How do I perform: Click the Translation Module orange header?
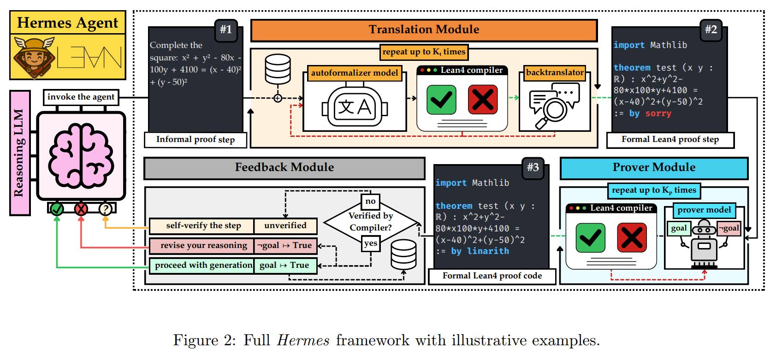423,30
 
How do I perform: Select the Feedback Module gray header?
284,168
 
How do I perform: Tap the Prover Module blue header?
653,168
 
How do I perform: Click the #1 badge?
226,30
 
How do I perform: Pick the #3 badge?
533,167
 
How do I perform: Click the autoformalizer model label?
354,73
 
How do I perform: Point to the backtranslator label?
555,72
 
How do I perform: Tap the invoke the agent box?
81,97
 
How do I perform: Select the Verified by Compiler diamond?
371,222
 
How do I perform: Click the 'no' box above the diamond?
370,201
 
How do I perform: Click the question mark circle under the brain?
105,209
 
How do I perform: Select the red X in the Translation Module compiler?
482,100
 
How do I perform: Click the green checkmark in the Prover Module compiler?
590,238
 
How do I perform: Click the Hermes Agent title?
68,23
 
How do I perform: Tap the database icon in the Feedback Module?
403,255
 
